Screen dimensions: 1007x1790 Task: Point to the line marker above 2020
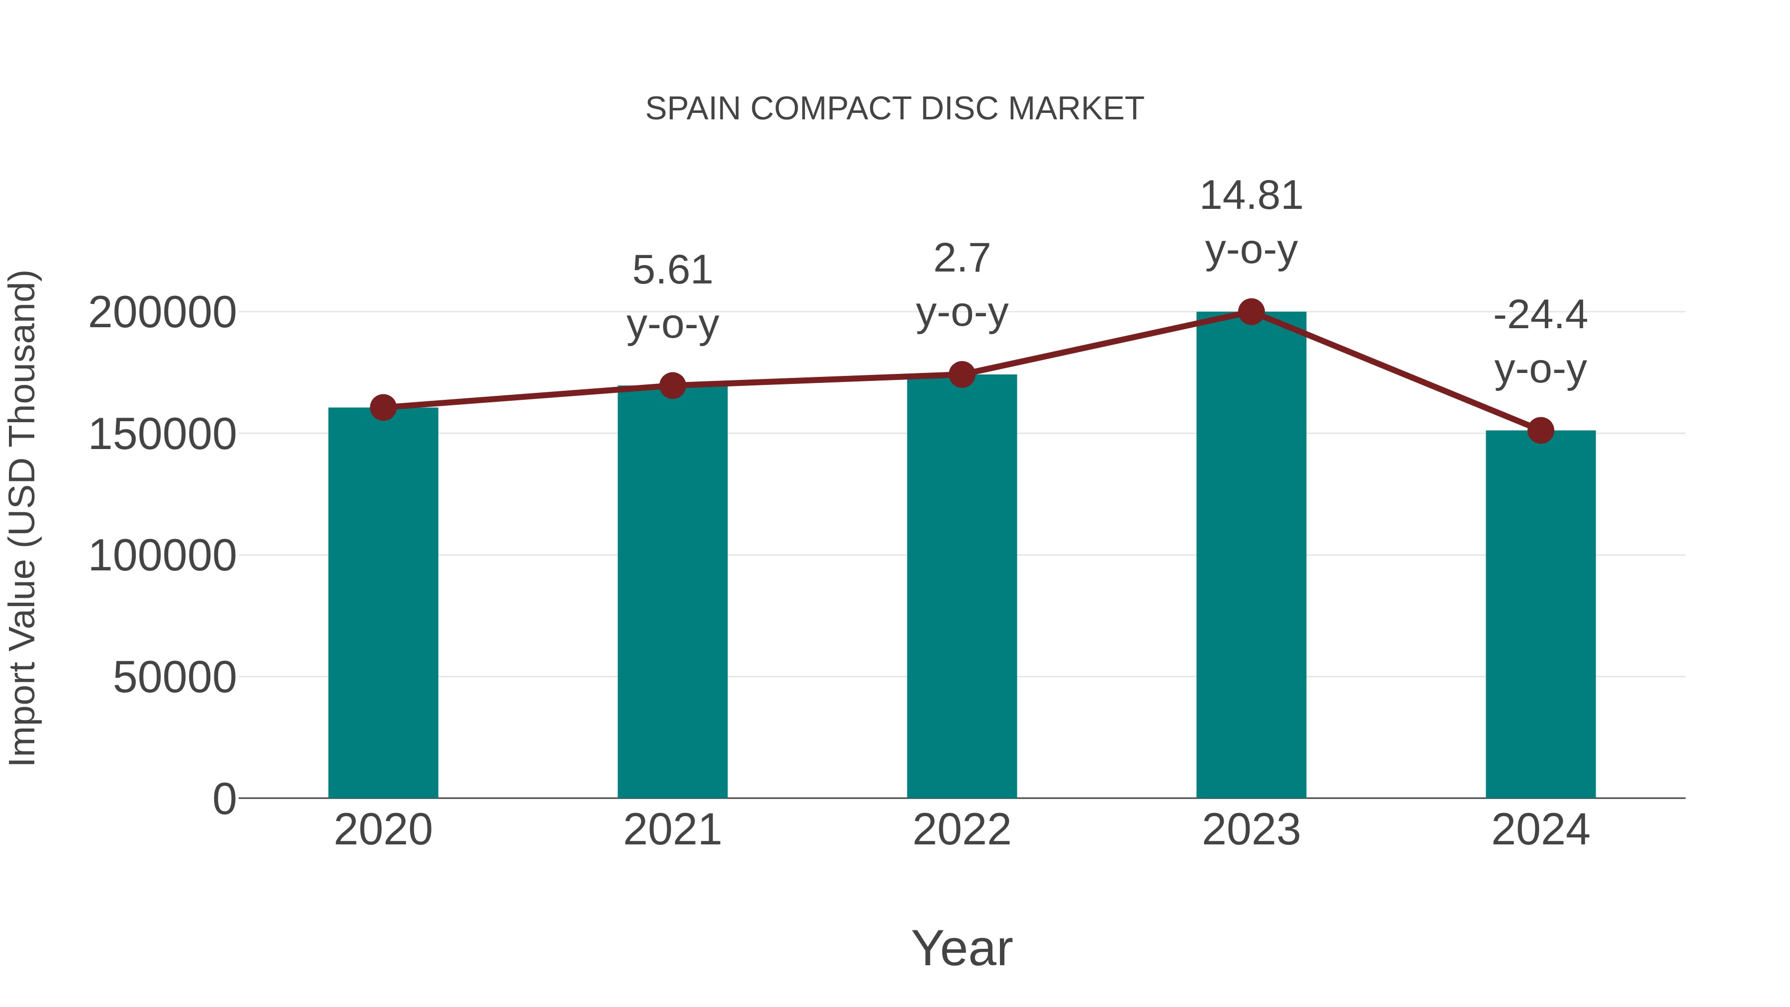click(383, 407)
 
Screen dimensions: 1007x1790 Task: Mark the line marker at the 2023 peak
click(1251, 312)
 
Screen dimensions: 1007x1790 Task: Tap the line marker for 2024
click(1540, 430)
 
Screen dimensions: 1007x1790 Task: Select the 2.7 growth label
click(961, 259)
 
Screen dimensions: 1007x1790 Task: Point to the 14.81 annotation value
click(1251, 196)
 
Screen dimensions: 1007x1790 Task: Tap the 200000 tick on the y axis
click(163, 313)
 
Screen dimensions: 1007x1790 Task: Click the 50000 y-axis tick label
click(175, 678)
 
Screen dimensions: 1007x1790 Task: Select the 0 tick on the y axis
click(224, 799)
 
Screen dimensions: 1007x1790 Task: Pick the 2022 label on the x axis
click(961, 830)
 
